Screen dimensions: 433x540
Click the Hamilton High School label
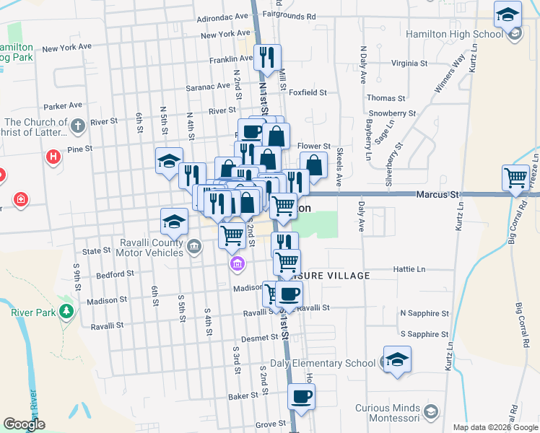[454, 34]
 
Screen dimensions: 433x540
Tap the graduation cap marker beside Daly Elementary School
[396, 360]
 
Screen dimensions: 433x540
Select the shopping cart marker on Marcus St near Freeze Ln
[516, 178]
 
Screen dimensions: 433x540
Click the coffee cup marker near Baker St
[301, 396]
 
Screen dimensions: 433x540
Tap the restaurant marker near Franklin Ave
[268, 56]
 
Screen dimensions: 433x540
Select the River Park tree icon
[67, 312]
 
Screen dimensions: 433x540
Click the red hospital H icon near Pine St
[53, 157]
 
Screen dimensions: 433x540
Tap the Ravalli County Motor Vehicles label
[144, 248]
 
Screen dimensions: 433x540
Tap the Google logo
[25, 424]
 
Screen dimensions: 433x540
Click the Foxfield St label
[307, 92]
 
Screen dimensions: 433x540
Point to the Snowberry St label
[391, 113]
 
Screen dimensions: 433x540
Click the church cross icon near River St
[79, 126]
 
